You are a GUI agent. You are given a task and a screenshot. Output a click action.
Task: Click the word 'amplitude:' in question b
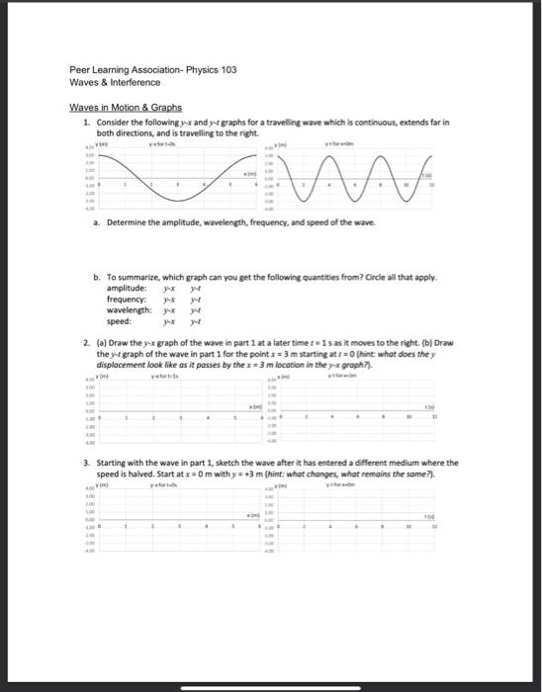(x=127, y=288)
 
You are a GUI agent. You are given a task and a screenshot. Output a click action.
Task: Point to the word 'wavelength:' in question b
(x=129, y=309)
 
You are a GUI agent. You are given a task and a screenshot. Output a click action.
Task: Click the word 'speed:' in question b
(x=119, y=320)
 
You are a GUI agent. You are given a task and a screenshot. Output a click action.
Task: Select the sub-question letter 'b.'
(x=97, y=277)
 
